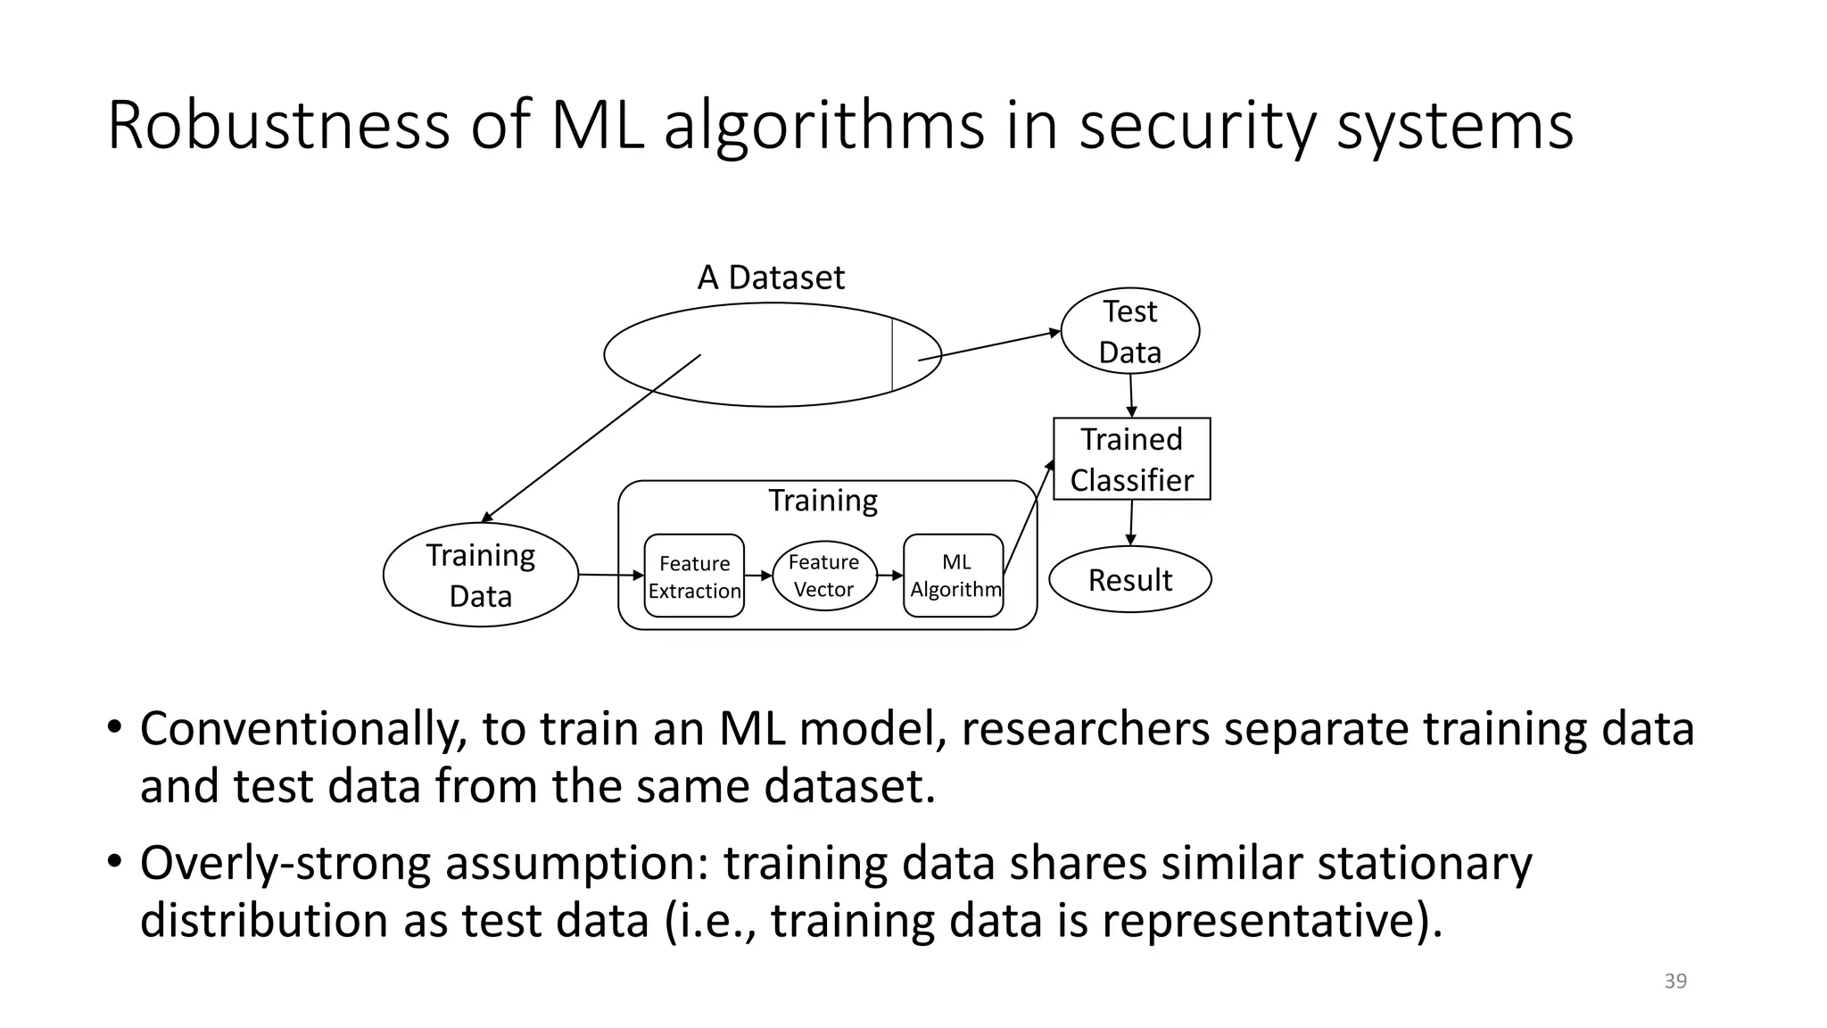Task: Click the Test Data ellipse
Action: click(x=1129, y=331)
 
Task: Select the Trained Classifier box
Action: click(x=1131, y=459)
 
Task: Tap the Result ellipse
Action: click(x=1129, y=580)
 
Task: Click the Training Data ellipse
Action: click(x=480, y=575)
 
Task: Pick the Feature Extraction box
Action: click(x=694, y=576)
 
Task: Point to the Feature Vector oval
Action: click(x=823, y=576)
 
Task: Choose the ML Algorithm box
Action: click(x=954, y=576)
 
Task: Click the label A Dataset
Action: click(x=771, y=278)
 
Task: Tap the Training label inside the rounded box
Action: click(x=823, y=501)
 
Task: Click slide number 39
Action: click(x=1675, y=981)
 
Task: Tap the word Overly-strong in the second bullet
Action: click(x=285, y=863)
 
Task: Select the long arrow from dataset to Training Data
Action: click(x=589, y=439)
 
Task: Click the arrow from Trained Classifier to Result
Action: click(x=1131, y=522)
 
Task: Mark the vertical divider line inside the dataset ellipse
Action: click(x=892, y=353)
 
